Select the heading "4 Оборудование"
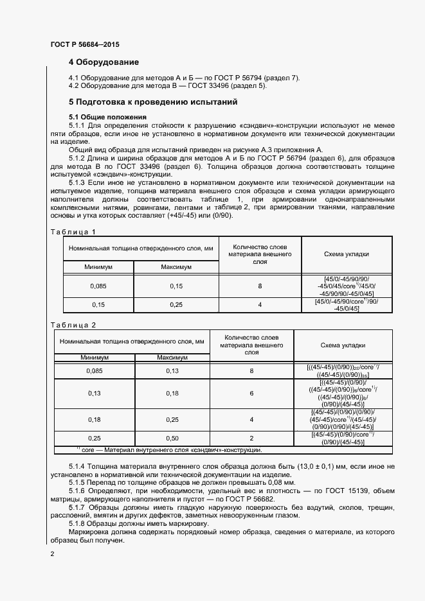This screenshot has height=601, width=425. tap(104, 62)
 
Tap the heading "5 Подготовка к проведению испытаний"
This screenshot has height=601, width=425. tap(153, 101)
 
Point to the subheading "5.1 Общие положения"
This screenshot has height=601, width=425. tap(108, 116)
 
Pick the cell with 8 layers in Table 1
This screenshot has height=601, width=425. tap(260, 286)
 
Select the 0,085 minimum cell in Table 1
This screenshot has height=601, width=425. tap(98, 286)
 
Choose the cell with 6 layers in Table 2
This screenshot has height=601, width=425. tap(252, 393)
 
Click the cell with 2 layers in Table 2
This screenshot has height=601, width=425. tap(252, 438)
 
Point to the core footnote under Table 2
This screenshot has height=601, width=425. tap(167, 449)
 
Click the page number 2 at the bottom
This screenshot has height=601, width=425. tap(52, 553)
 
